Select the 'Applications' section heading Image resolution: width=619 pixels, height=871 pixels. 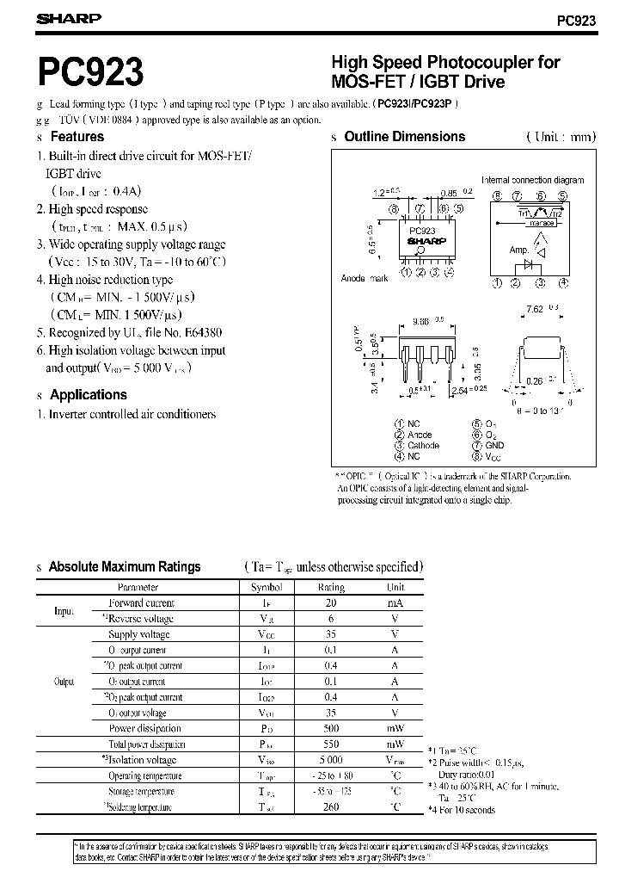(x=88, y=395)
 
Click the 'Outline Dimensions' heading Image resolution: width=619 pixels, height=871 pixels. (x=404, y=137)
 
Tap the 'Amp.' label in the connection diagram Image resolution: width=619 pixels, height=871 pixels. (x=519, y=250)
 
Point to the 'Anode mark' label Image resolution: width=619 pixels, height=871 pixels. (x=365, y=278)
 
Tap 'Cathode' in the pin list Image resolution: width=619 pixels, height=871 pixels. (x=423, y=446)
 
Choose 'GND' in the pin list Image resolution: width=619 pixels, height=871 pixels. (x=494, y=446)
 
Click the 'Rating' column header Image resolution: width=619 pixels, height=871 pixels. (x=331, y=588)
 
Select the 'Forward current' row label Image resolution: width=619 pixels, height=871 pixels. (x=141, y=603)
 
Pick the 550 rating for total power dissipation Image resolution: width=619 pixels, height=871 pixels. (x=331, y=744)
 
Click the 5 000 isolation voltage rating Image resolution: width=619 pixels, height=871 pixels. (x=331, y=760)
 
